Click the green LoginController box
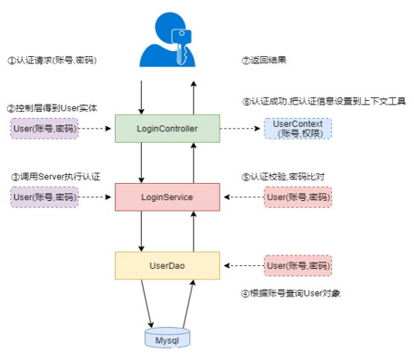pos(167,128)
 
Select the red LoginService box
pos(167,197)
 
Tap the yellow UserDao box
pos(167,265)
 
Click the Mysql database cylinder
pos(167,338)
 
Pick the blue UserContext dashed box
pos(298,128)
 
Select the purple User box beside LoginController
pos(45,128)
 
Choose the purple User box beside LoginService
pos(45,197)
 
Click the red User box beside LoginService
pos(298,197)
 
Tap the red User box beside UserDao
pos(298,265)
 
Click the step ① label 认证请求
pos(52,60)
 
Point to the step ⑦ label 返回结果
pos(264,60)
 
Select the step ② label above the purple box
pos(52,108)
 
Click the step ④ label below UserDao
pos(291,294)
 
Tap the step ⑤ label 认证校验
pos(283,176)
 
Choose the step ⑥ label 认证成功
pos(324,102)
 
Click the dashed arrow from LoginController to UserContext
pos(240,128)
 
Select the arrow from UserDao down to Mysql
pos(147,303)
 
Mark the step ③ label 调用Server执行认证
pos(56,176)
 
